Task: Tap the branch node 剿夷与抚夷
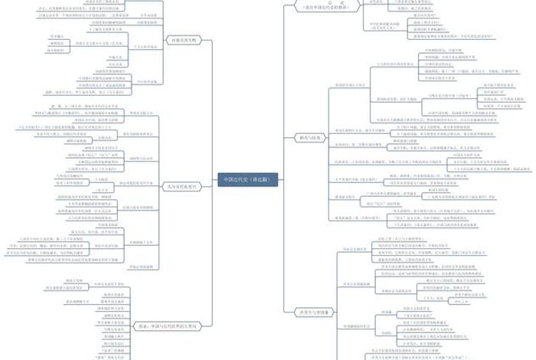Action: coord(306,136)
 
